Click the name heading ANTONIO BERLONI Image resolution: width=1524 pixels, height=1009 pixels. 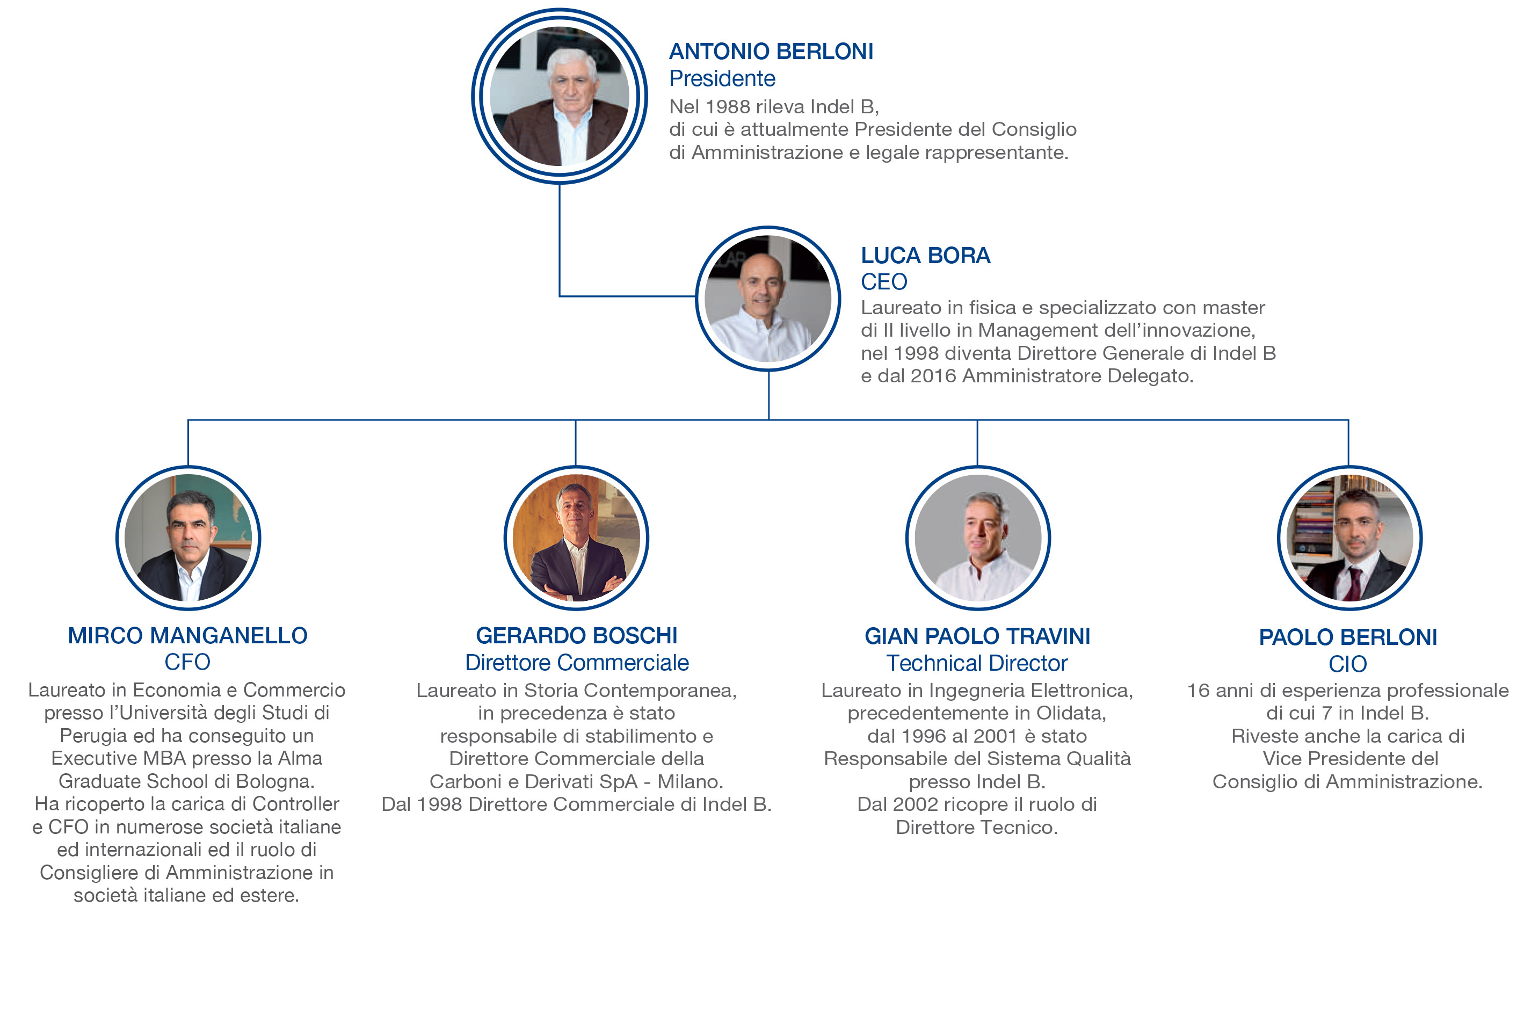771,52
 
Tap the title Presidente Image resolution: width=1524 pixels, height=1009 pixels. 722,78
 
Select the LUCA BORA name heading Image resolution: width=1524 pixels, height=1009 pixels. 925,256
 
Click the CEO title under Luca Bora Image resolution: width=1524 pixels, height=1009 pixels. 884,282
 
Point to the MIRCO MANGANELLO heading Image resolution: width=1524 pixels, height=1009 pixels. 187,636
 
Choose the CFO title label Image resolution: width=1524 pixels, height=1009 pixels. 187,662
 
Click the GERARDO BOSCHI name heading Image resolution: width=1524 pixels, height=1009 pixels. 576,636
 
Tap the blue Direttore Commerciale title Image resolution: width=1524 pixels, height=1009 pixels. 576,663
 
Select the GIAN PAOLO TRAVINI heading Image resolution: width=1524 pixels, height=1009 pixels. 977,636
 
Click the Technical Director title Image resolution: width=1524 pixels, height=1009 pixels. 977,663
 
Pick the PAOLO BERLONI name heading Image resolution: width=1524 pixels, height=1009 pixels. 1348,637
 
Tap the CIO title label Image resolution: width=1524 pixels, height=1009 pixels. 1348,664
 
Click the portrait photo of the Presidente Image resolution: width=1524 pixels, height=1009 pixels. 559,97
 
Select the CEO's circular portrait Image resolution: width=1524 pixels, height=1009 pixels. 767,299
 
